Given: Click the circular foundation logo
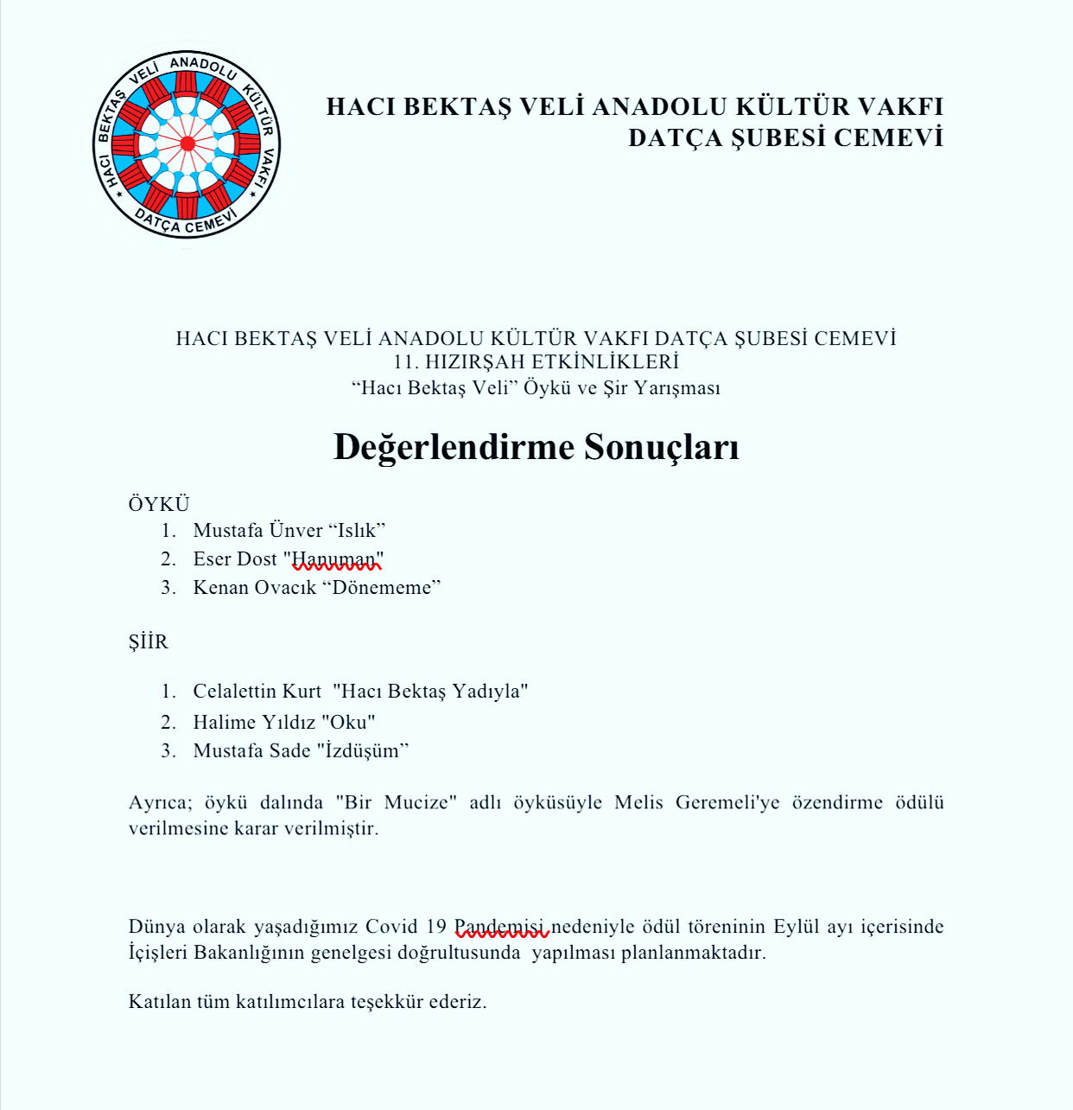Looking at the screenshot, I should click(x=187, y=144).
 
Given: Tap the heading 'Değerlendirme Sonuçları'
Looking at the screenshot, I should click(x=536, y=447).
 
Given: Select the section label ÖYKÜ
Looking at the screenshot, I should click(x=159, y=504).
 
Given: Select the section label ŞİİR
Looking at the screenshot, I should click(x=149, y=641).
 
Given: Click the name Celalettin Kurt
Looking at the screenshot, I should click(x=257, y=692).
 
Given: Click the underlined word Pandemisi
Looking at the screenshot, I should click(x=500, y=927).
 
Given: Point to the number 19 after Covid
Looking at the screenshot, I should click(x=435, y=927).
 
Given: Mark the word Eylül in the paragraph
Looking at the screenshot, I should click(x=796, y=927).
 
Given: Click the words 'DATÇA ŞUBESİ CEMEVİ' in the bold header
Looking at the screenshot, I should click(x=785, y=138).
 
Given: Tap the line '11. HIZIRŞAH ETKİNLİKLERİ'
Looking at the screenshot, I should click(x=536, y=362).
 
